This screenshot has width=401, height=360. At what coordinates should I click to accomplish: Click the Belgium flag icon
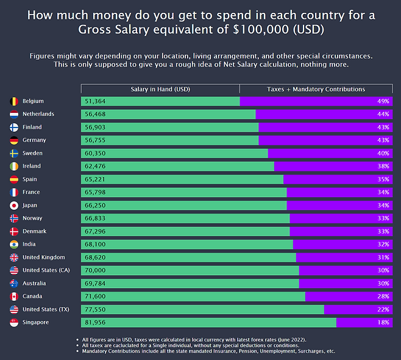[x=14, y=101]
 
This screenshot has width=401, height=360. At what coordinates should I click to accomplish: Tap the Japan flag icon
[x=14, y=206]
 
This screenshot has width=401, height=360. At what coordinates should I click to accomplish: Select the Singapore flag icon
[x=14, y=322]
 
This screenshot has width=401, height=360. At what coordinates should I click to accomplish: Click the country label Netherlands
[x=38, y=114]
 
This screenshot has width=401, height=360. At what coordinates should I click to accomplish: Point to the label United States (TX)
[x=46, y=309]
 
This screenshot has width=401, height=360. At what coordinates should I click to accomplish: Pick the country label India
[x=30, y=244]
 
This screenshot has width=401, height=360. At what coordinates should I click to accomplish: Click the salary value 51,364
[x=96, y=101]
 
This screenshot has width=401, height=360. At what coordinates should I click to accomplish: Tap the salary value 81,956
[x=96, y=322]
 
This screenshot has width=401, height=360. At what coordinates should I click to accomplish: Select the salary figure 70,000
[x=96, y=270]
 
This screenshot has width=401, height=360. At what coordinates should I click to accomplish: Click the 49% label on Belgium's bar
[x=383, y=101]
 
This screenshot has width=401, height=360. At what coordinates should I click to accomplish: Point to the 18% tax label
[x=383, y=322]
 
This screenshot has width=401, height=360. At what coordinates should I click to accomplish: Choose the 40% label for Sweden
[x=383, y=153]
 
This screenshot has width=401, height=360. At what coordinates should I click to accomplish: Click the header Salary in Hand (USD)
[x=160, y=89]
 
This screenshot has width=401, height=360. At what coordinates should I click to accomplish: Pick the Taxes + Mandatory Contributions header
[x=316, y=89]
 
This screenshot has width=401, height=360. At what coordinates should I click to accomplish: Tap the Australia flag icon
[x=14, y=284]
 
